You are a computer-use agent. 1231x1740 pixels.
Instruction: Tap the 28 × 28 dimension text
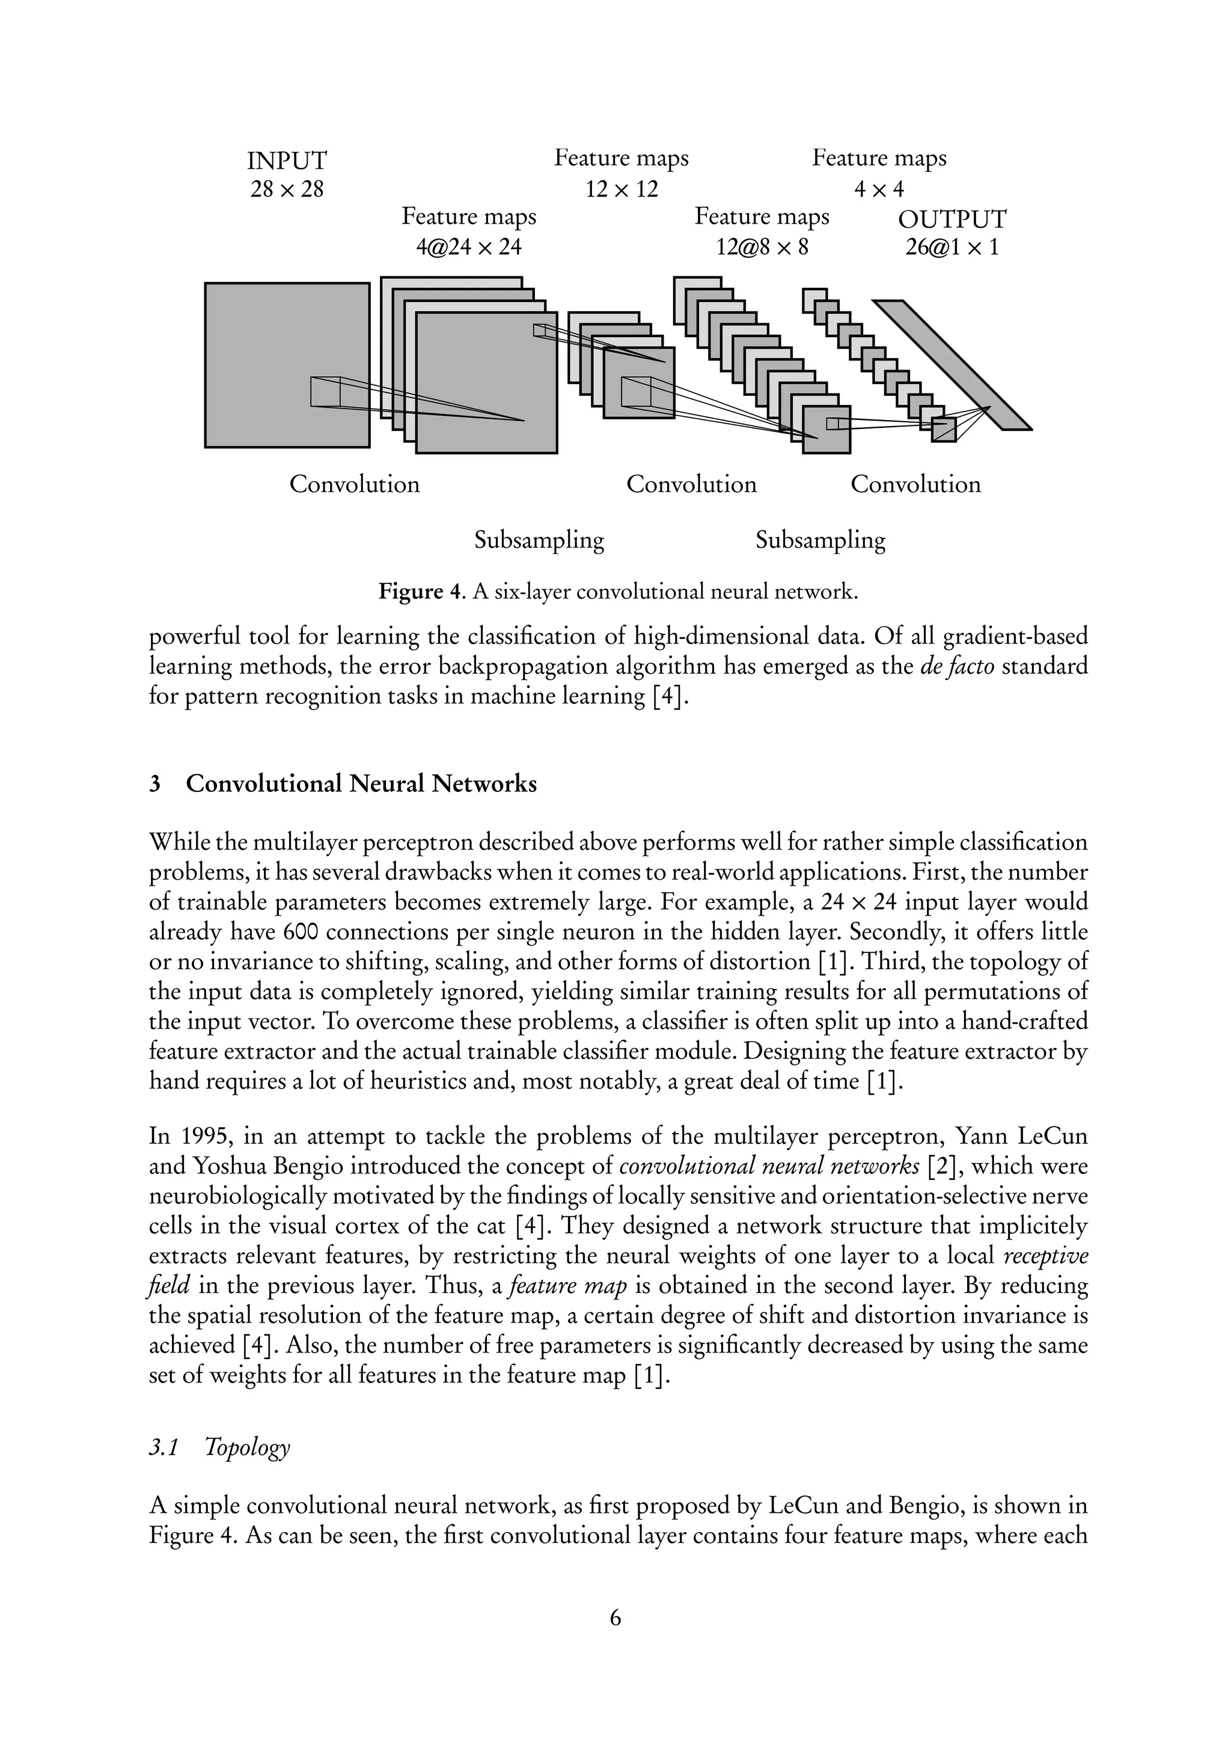click(x=287, y=189)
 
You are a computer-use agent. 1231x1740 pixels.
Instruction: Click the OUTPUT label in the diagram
click(x=952, y=220)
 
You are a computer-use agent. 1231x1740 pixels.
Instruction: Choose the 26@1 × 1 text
click(x=952, y=247)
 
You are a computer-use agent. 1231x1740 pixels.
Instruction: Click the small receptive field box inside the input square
click(x=325, y=392)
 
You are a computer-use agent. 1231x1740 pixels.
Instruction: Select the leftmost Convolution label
click(x=354, y=484)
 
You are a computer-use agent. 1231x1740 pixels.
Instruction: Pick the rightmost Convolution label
click(x=915, y=484)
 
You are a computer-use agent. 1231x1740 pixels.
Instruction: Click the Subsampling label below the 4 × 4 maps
click(x=820, y=540)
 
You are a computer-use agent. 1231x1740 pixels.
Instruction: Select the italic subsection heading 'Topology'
click(x=247, y=1447)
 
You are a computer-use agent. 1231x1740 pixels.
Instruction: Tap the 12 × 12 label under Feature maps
click(x=622, y=189)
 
